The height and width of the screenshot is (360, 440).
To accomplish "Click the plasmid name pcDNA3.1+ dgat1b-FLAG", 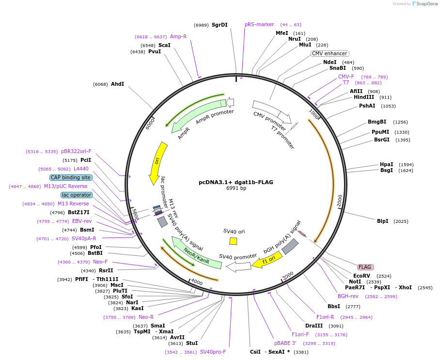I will (236, 182).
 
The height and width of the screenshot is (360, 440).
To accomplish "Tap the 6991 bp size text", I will (236, 188).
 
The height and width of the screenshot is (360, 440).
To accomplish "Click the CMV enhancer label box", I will (330, 53).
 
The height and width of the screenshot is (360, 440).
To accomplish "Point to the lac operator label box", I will (77, 195).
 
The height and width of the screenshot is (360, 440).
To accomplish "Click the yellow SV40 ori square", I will (233, 241).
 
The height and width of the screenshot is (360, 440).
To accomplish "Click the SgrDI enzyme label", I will (220, 25).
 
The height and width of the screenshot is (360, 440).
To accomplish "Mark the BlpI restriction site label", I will (383, 221).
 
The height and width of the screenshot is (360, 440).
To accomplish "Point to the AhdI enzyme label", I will (118, 84).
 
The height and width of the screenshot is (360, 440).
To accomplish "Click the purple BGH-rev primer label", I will (348, 296).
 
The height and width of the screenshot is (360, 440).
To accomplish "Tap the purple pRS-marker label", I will (259, 24).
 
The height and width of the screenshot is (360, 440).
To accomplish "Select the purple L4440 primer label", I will (79, 169).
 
